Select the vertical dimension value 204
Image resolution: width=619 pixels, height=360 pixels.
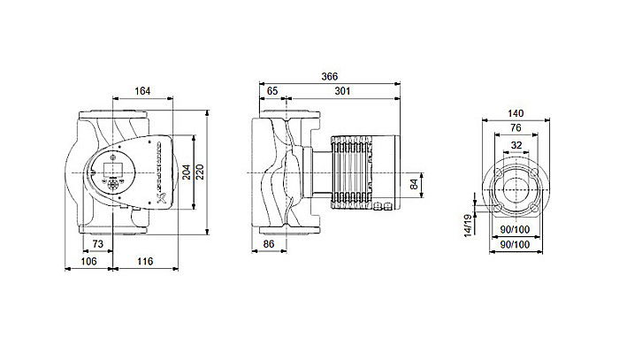pos(187,172)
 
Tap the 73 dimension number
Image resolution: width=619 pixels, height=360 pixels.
pos(97,243)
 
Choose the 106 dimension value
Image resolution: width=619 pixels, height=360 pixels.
pos(89,263)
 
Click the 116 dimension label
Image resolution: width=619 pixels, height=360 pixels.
pos(146,263)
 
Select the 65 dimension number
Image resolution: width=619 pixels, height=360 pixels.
pos(272,90)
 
